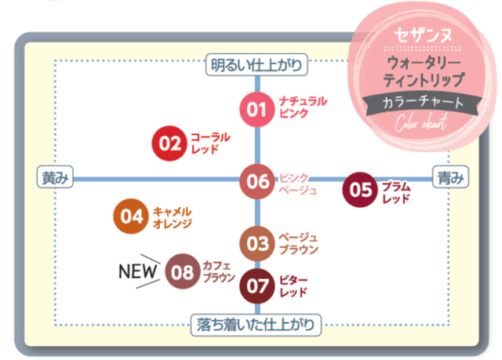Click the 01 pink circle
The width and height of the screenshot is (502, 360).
pos(256,110)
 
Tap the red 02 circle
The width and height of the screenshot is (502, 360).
pos(169,144)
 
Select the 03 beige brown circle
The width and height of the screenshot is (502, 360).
pos(257,243)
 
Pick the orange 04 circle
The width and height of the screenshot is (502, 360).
pos(131,216)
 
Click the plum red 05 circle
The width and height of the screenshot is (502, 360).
pos(360,190)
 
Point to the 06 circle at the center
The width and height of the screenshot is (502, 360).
pos(257,181)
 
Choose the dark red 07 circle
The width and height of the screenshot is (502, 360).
pos(257,285)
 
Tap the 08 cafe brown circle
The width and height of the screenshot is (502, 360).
pos(183,271)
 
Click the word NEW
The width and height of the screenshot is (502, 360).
pos(138,271)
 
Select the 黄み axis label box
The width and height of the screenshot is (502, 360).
pos(55,177)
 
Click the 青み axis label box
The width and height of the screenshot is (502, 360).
pos(451,177)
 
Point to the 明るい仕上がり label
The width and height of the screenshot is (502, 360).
pos(256,65)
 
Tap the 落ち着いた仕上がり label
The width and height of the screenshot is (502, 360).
pos(256,325)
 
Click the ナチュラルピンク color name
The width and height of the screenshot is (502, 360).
pos(303,107)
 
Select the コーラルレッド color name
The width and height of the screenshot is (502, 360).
pos(210,143)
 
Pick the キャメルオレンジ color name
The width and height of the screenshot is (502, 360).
pos(173,217)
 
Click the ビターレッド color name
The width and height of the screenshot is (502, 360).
pos(293,286)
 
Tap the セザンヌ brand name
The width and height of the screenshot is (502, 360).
pos(423,35)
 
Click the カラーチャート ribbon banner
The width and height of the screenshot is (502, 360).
pos(423,103)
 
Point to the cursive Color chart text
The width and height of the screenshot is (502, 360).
pos(421,123)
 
